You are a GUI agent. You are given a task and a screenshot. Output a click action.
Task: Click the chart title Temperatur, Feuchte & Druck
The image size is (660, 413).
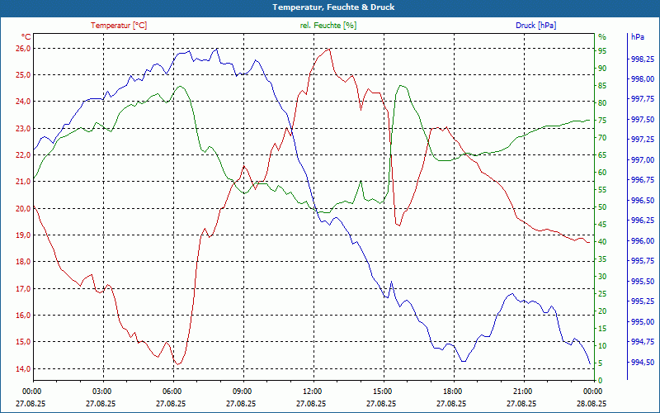click(330, 7)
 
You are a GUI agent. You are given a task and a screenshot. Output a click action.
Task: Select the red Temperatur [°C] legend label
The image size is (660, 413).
click(119, 26)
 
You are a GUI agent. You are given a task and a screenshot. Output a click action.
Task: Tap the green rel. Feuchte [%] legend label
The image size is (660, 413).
click(328, 26)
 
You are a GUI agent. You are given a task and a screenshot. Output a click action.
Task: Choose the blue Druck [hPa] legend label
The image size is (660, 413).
click(535, 26)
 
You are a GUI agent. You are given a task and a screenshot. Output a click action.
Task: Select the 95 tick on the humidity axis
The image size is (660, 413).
click(602, 50)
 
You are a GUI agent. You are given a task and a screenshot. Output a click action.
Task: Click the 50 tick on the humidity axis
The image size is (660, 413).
click(602, 206)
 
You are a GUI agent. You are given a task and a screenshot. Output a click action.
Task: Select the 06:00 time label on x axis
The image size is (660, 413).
click(172, 391)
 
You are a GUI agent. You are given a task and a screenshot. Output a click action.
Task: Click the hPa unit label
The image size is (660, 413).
click(638, 37)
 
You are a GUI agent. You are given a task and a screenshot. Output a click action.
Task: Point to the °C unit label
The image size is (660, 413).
click(26, 37)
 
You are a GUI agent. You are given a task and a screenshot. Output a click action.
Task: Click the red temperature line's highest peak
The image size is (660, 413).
click(329, 49)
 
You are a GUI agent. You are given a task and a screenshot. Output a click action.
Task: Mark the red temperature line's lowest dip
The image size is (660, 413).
click(177, 363)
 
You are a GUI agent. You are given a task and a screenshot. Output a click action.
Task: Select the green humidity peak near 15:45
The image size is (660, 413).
click(402, 85)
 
